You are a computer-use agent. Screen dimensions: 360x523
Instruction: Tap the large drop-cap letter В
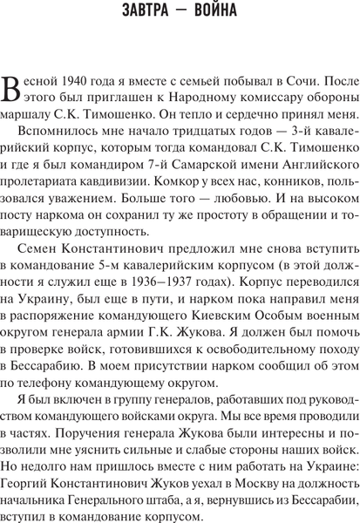click(x=11, y=85)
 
